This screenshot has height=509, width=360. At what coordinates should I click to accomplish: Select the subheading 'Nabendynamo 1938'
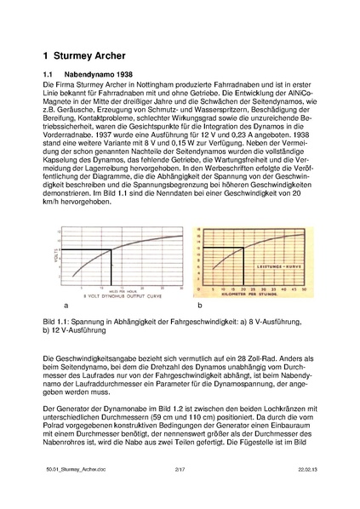(x=104, y=75)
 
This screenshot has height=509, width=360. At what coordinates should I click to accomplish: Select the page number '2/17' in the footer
(x=179, y=491)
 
